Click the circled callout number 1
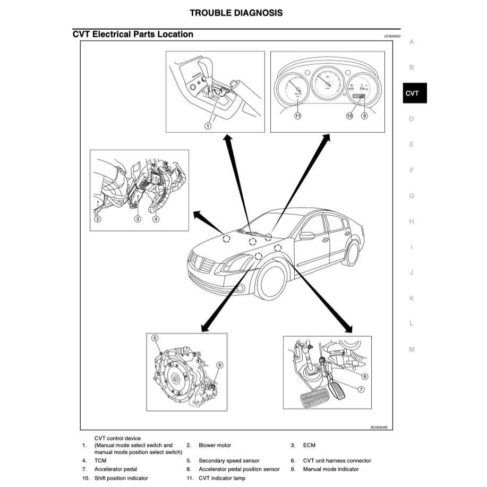point(208,126)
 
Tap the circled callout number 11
point(297,115)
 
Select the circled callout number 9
point(364,115)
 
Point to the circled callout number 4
point(156,219)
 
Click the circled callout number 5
point(155,338)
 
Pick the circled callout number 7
point(361,389)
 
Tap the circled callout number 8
point(364,377)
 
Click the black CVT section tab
point(412,93)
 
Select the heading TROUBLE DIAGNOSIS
point(236,13)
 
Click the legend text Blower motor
point(215,445)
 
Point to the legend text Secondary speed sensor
point(229,461)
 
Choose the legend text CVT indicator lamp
point(222,479)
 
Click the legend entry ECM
point(309,445)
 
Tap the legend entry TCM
point(100,461)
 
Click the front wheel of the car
point(272,281)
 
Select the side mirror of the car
point(306,235)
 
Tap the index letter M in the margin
point(412,349)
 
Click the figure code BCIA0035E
point(379,426)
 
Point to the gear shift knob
point(206,67)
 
